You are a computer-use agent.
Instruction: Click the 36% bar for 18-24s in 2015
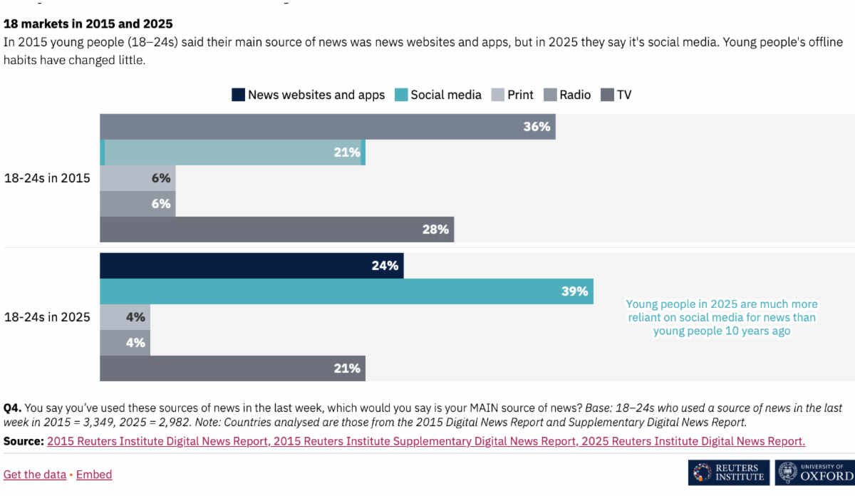[327, 127]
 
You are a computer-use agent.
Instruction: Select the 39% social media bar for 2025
[346, 291]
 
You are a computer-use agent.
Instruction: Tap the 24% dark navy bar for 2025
[252, 266]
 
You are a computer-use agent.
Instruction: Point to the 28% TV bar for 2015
[276, 229]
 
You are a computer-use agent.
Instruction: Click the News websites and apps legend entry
[308, 95]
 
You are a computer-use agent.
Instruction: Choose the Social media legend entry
[437, 95]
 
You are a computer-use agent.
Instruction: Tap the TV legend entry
[616, 95]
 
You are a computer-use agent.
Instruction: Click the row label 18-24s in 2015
[47, 178]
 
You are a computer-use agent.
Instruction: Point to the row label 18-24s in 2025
[47, 317]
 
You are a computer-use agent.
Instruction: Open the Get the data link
[35, 475]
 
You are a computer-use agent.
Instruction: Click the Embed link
[94, 475]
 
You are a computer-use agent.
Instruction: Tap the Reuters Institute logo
[728, 472]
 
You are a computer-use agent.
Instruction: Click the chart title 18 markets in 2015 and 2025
[88, 24]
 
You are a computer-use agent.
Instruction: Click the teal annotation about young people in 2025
[722, 317]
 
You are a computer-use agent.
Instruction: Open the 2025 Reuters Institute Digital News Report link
[693, 441]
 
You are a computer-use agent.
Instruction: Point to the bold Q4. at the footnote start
[12, 408]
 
